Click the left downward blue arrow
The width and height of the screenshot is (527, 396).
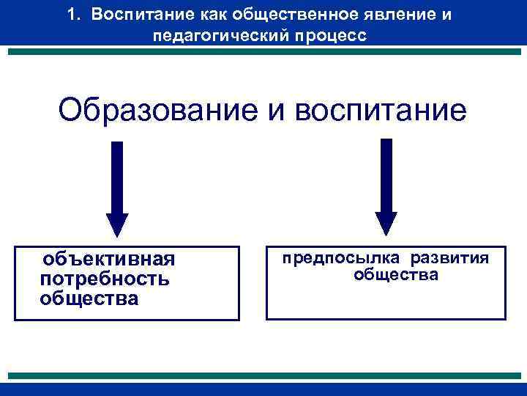[117, 183]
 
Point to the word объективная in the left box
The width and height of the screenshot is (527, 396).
[108, 260]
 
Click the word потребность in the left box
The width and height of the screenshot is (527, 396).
[105, 279]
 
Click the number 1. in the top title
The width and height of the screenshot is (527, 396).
[73, 15]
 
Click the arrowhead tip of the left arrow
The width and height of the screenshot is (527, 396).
[117, 235]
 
